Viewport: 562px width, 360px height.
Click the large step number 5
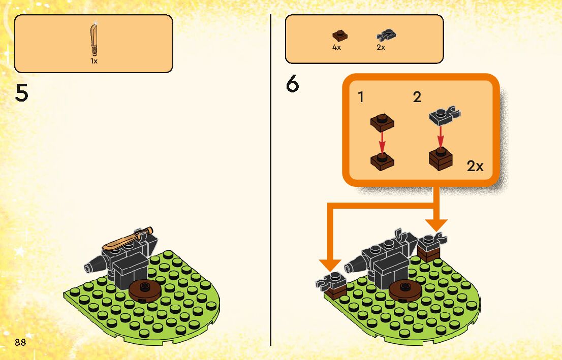coord(21,93)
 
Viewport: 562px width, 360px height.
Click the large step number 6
coord(293,84)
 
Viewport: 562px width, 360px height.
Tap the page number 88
coord(20,342)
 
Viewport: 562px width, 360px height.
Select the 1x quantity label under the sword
coord(94,61)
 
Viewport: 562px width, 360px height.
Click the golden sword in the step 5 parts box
coord(93,40)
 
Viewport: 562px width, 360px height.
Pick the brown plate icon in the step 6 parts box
coord(340,36)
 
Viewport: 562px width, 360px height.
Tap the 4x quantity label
coord(336,47)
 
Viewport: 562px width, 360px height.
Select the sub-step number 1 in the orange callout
coord(361,97)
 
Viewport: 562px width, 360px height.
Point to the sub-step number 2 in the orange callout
coord(417,97)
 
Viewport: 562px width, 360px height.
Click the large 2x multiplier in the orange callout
coord(475,166)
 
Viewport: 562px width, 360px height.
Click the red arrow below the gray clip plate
coord(440,136)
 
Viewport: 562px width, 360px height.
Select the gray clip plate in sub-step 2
coord(441,116)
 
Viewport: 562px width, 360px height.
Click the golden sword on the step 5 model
coord(127,239)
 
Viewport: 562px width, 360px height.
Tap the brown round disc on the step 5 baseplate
coord(145,290)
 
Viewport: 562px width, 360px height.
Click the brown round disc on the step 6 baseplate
coord(405,290)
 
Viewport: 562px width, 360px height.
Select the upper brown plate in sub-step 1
coord(383,122)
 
